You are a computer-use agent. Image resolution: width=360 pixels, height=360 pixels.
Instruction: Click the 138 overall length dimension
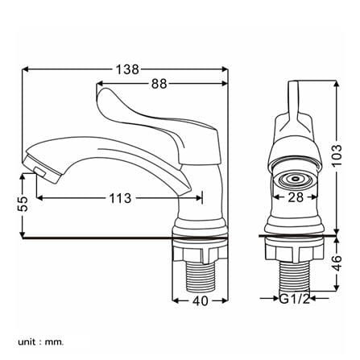pos(127,69)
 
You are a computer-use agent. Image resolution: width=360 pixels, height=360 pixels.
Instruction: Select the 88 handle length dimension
pos(159,84)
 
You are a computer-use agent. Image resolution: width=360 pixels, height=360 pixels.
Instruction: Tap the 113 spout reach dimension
pos(120,198)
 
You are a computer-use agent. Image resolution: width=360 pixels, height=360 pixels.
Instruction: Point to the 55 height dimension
pos(23,204)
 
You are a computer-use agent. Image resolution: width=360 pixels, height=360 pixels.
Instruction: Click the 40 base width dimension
pos(201,300)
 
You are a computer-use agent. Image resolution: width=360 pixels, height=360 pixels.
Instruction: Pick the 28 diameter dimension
pos(296,197)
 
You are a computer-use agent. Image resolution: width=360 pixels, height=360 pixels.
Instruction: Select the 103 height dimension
pos(337,155)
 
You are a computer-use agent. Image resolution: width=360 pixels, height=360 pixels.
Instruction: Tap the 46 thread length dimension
pos(337,263)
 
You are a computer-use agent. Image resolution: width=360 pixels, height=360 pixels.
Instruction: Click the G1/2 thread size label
pos(295,298)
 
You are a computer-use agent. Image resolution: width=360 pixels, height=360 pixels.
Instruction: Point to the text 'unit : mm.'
pos(41,342)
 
